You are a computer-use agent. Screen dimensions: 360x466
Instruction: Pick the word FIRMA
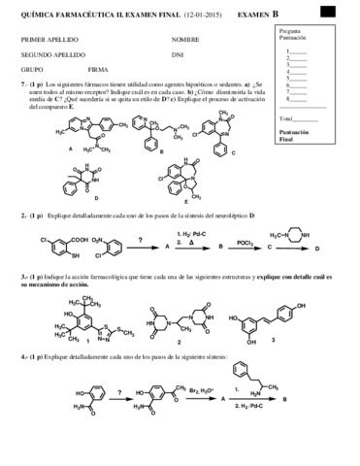click(98, 71)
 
